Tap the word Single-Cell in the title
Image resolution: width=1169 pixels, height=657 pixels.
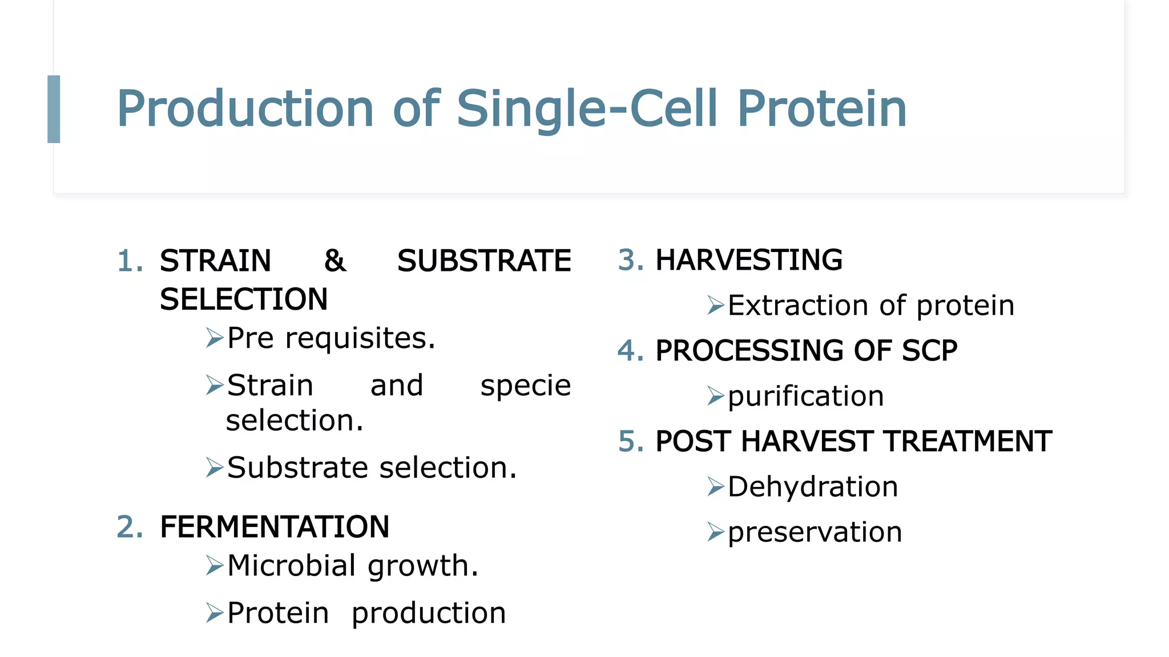586,109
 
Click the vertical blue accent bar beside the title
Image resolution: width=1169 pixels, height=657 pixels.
54,109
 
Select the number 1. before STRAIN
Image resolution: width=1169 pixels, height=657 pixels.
130,261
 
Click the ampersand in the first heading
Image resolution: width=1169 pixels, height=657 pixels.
334,261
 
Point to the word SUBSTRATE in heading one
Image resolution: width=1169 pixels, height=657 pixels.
483,261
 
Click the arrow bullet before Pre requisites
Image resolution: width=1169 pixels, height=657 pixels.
215,338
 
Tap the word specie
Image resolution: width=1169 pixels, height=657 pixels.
525,386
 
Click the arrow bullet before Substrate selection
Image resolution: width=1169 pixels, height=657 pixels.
215,468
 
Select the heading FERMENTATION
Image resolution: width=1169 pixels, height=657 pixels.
275,527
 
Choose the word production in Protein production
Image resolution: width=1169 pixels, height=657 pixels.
428,614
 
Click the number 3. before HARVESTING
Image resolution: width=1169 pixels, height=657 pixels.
631,260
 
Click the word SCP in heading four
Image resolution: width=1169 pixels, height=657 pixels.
929,351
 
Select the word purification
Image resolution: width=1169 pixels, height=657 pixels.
805,396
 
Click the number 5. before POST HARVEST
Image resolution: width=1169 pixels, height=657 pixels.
631,441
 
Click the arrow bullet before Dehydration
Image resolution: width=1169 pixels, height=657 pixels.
715,486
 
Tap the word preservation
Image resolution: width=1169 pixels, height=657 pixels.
815,533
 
